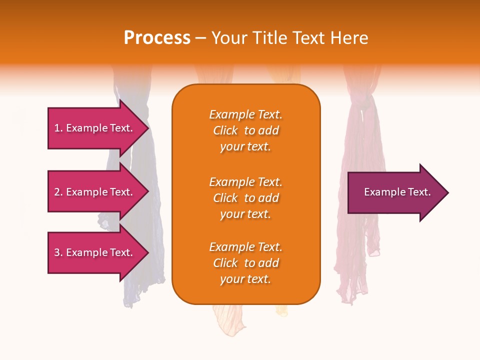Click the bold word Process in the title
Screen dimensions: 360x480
pos(157,38)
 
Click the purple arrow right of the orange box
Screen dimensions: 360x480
pos(395,192)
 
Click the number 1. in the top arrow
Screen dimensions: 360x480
pos(58,128)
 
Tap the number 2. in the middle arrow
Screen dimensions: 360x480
pos(58,192)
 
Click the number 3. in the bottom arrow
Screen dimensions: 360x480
pos(58,252)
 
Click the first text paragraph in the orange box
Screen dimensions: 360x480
pos(245,130)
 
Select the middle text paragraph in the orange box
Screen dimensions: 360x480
pos(245,198)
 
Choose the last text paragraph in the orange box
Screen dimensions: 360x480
pos(245,263)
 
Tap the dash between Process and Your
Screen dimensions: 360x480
pos(201,38)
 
